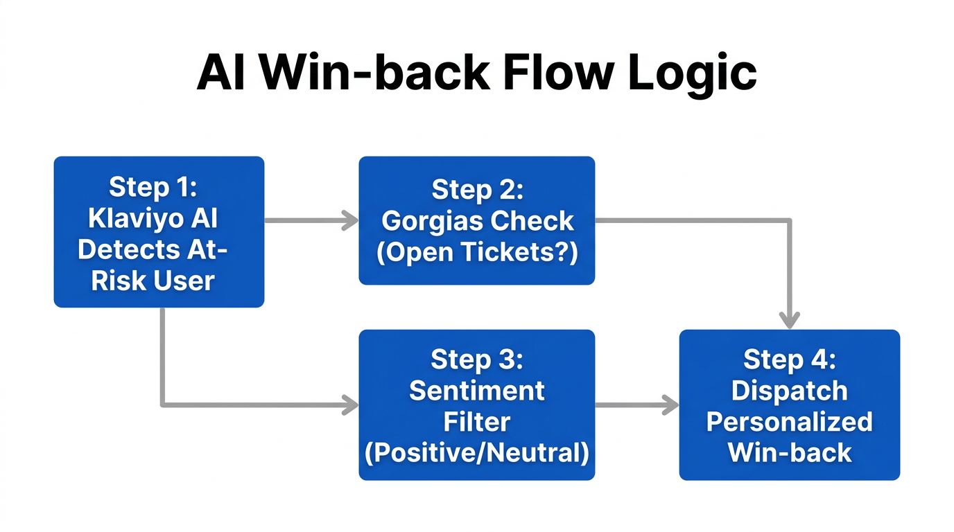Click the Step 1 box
[x=159, y=231]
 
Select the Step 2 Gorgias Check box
[x=476, y=220]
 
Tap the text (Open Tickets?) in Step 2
[x=476, y=253]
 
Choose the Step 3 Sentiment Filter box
[x=476, y=405]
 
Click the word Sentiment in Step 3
[x=476, y=391]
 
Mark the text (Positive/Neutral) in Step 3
[x=476, y=453]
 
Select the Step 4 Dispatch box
[x=789, y=405]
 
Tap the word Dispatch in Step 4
[x=789, y=391]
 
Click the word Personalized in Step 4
[x=789, y=422]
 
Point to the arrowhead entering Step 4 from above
[x=789, y=320]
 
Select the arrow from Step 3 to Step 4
[x=636, y=405]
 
